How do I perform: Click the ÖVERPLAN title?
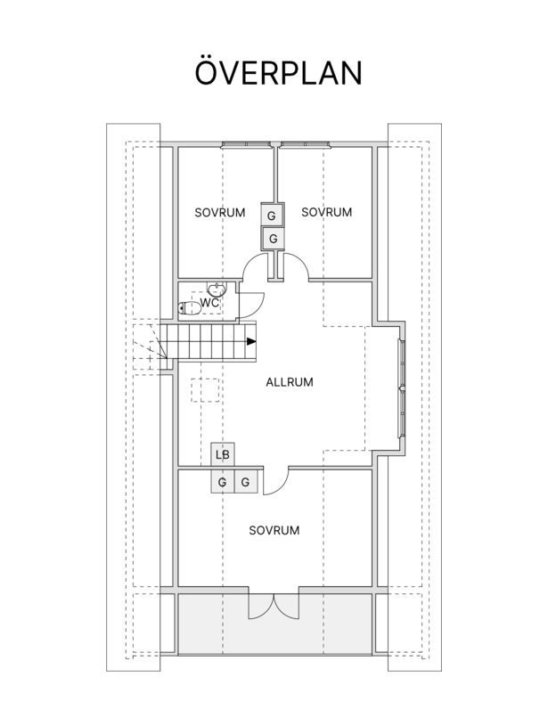pyautogui.click(x=278, y=72)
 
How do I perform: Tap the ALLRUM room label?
pyautogui.click(x=290, y=382)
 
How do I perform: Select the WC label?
pyautogui.click(x=209, y=303)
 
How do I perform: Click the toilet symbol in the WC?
pyautogui.click(x=189, y=308)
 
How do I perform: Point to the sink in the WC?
pyautogui.click(x=217, y=290)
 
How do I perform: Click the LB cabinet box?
pyautogui.click(x=223, y=454)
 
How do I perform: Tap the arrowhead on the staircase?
pyautogui.click(x=251, y=342)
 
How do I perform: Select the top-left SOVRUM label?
pyautogui.click(x=219, y=213)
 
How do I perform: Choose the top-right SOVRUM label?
pyautogui.click(x=327, y=212)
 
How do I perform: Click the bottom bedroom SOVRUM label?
pyautogui.click(x=274, y=530)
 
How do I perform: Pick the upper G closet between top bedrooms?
pyautogui.click(x=273, y=215)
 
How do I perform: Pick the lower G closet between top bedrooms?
pyautogui.click(x=273, y=239)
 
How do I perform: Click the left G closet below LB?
pyautogui.click(x=223, y=482)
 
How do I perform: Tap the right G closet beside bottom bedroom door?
pyautogui.click(x=246, y=482)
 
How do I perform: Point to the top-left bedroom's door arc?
pyautogui.click(x=250, y=262)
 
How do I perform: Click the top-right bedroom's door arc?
pyautogui.click(x=301, y=262)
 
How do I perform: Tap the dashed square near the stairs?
pyautogui.click(x=205, y=390)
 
